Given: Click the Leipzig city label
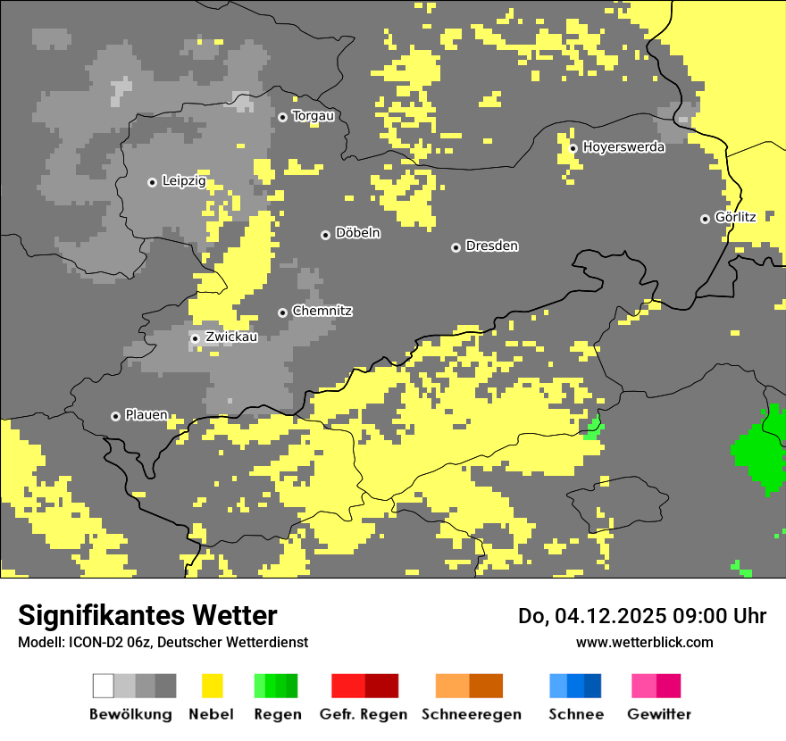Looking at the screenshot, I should (184, 181).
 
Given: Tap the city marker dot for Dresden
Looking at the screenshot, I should (456, 247).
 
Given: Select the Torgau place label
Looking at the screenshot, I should (313, 116).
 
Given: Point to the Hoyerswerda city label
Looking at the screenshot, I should (623, 147).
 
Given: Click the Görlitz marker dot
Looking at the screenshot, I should (705, 219).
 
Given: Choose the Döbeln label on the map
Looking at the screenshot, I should (357, 233).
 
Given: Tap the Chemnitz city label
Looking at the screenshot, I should (322, 311).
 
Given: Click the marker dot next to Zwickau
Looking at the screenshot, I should (195, 338).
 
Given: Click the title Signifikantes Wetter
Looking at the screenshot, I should (147, 615).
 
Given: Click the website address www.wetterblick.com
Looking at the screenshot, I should (644, 642).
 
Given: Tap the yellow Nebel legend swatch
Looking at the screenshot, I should (212, 686).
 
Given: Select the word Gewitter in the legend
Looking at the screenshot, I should (658, 714).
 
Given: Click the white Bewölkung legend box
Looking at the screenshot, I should (104, 686).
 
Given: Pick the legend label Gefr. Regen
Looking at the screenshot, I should (363, 714).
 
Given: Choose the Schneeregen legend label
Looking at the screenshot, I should (471, 714).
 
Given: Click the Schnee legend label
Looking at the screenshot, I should (575, 714).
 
